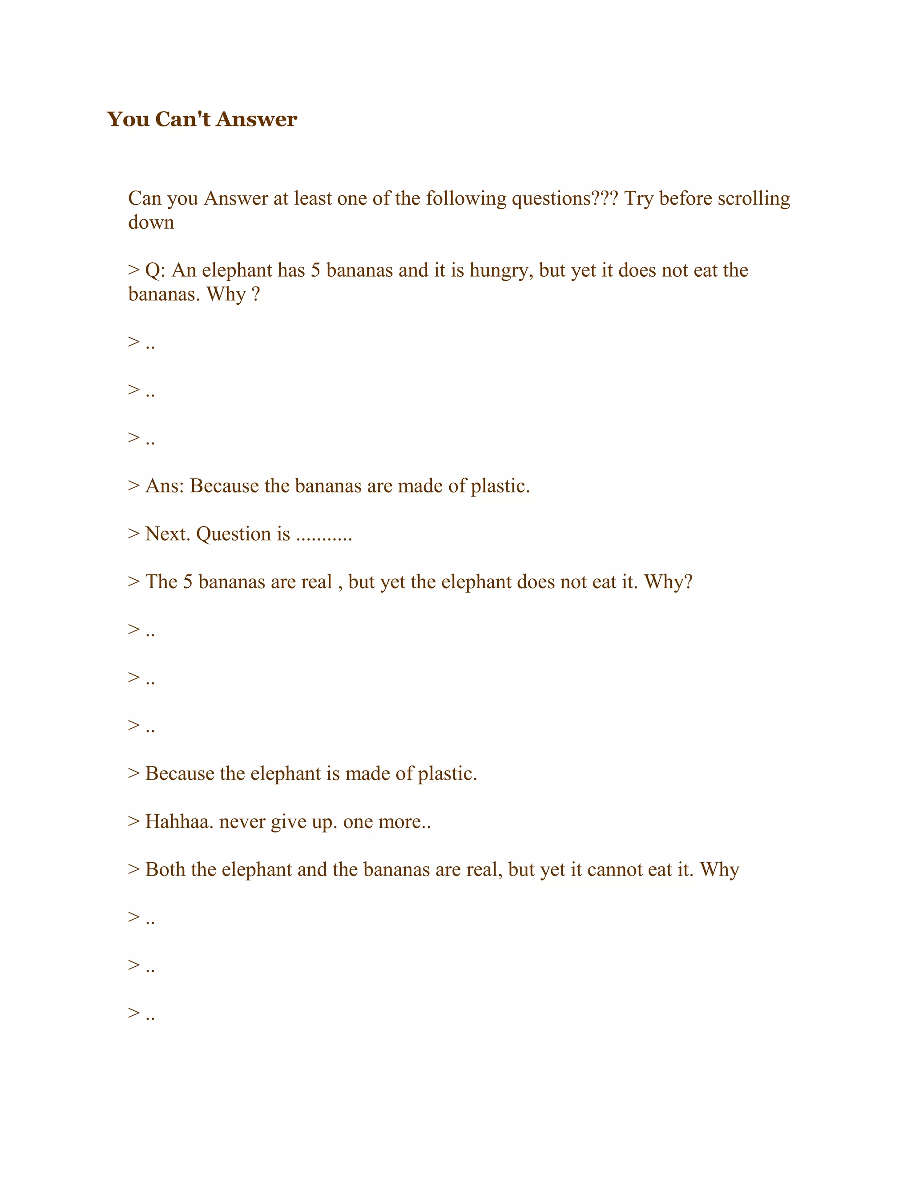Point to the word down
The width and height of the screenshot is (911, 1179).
pyautogui.click(x=151, y=222)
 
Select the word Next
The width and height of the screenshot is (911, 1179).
pyautogui.click(x=168, y=534)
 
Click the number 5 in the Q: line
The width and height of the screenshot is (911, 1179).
pyautogui.click(x=316, y=271)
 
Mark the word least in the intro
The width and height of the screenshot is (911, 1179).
pyautogui.click(x=313, y=199)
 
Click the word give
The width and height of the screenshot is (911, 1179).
pyautogui.click(x=288, y=822)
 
